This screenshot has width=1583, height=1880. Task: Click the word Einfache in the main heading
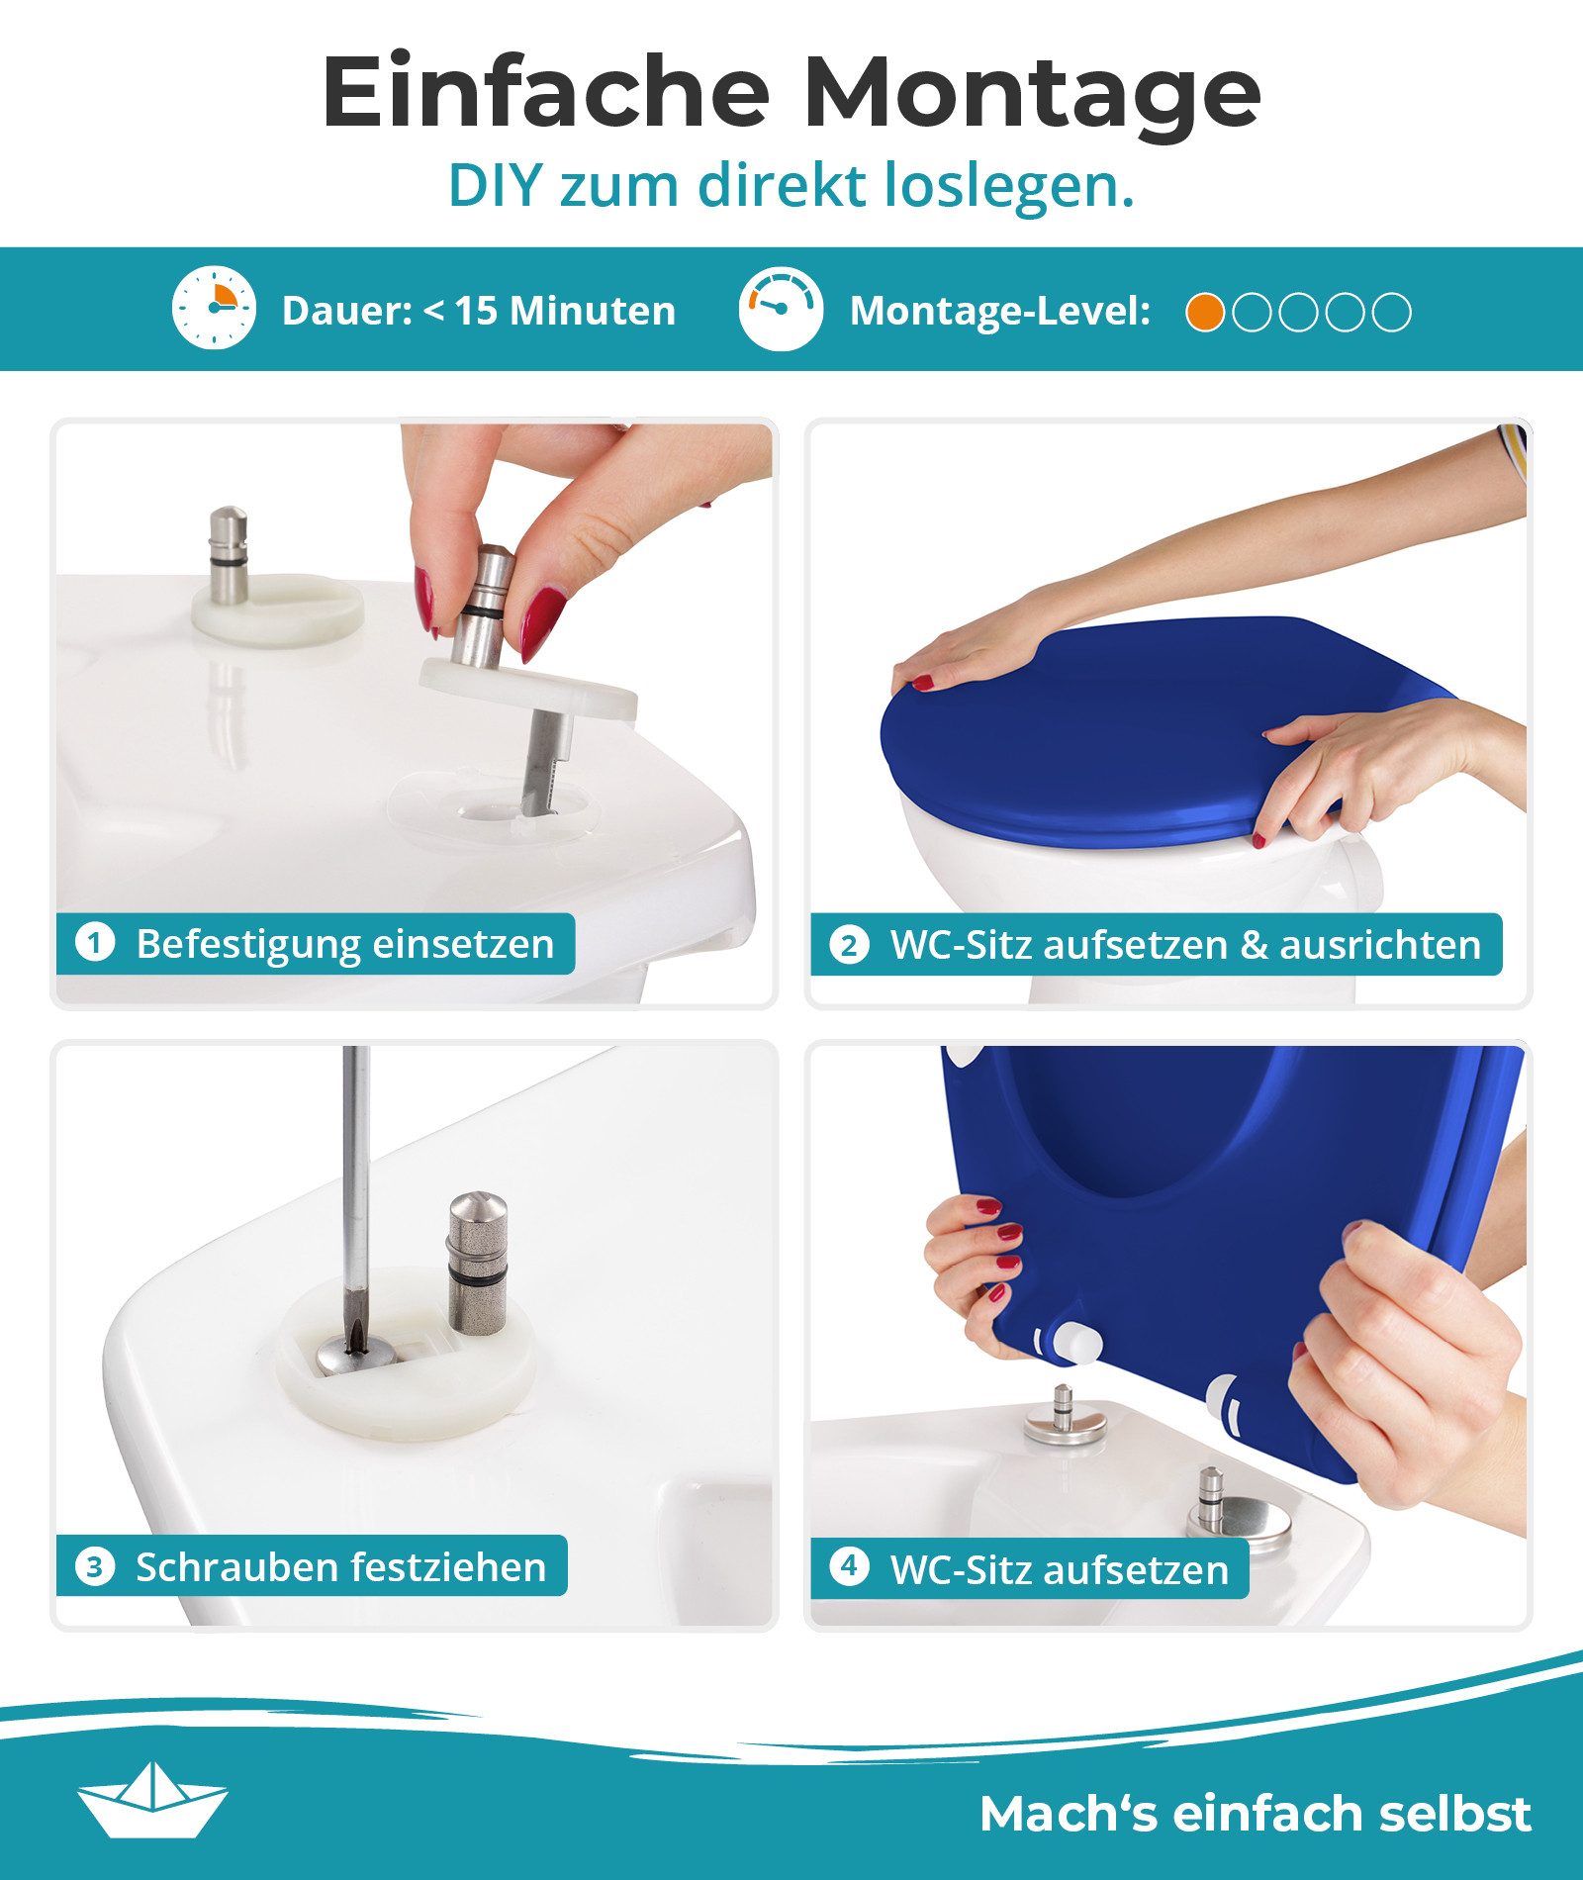click(x=545, y=92)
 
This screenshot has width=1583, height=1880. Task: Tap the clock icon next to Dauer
click(x=214, y=308)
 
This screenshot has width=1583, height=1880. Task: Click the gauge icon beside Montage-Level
click(x=781, y=308)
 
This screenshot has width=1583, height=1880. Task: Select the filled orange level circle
click(x=1205, y=312)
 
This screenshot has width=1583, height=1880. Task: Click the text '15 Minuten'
click(x=565, y=311)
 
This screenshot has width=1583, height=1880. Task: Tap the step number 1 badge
click(x=95, y=942)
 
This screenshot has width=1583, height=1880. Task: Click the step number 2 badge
click(x=849, y=944)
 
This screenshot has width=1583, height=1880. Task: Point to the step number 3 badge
click(x=95, y=1566)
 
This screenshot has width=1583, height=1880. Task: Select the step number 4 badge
click(x=849, y=1566)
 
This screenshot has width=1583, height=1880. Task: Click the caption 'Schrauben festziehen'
click(x=340, y=1567)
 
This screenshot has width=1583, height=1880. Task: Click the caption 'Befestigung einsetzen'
click(x=344, y=943)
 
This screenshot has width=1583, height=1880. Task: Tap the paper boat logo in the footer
click(x=152, y=1798)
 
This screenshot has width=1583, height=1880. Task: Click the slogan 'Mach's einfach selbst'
click(x=1255, y=1813)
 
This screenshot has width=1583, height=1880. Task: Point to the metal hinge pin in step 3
click(x=477, y=1262)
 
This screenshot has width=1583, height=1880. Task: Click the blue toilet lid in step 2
click(x=1108, y=732)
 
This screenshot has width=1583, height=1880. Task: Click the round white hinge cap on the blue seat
click(x=1077, y=1343)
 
